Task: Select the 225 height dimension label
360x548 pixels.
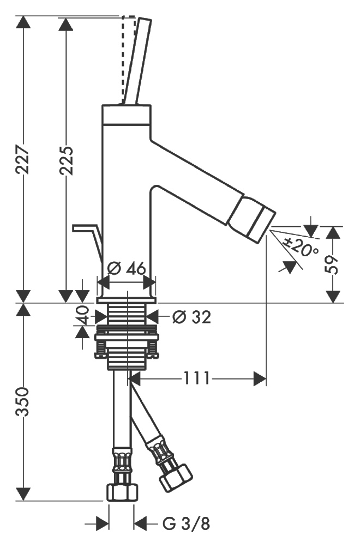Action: (x=66, y=159)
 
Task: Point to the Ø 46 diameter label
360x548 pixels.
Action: (x=127, y=269)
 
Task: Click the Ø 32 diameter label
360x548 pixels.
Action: (x=191, y=317)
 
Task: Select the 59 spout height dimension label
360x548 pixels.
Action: (x=333, y=264)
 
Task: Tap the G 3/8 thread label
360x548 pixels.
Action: (x=186, y=524)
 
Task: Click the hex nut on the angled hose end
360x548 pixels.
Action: (x=175, y=475)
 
